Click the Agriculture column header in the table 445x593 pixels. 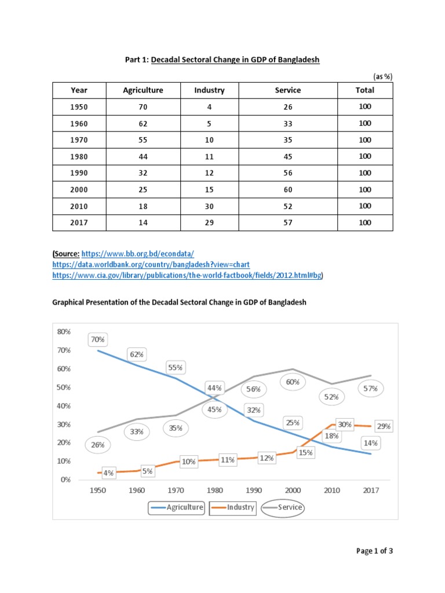click(143, 90)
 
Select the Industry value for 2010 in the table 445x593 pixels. click(209, 206)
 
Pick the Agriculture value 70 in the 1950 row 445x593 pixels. click(143, 107)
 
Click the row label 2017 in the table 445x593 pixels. click(79, 222)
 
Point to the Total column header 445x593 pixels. click(365, 90)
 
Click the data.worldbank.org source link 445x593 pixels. click(151, 264)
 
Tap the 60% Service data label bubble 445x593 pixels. click(293, 382)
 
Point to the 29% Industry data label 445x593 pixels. click(383, 426)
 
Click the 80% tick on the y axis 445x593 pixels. click(63, 332)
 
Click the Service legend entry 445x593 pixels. click(283, 507)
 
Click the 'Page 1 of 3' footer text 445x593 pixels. click(374, 551)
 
